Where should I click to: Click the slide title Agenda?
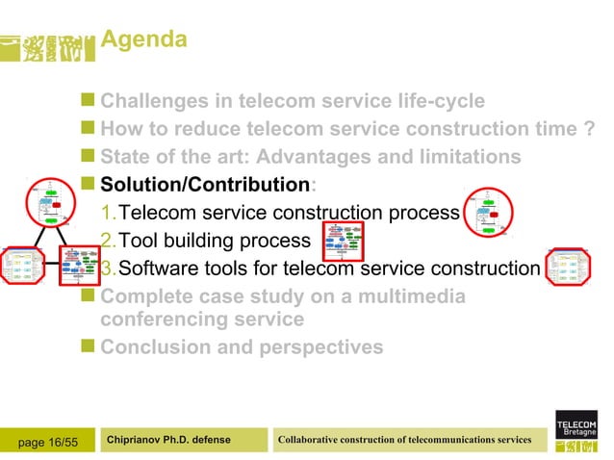(143, 40)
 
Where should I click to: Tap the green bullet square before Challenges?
(89, 99)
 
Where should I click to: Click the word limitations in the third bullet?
(459, 156)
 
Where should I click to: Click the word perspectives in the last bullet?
(320, 346)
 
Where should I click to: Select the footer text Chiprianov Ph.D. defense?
(169, 440)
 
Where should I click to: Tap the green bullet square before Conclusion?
(89, 346)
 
